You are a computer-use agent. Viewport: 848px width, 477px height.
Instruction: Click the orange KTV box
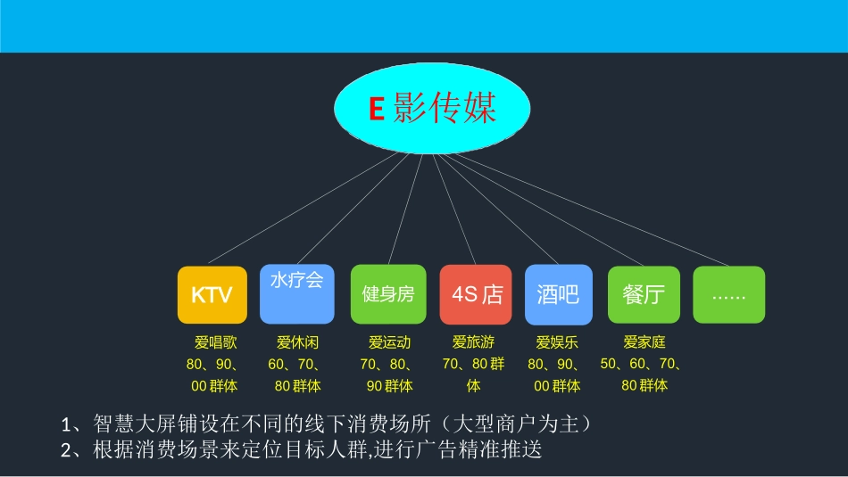212,294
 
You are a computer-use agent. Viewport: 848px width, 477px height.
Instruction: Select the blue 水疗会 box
296,294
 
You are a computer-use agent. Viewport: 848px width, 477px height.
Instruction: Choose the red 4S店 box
476,294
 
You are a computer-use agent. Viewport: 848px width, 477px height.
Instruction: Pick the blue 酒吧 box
558,294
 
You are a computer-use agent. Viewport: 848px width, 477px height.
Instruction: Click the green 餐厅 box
644,294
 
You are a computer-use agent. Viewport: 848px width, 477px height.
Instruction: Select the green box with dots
728,294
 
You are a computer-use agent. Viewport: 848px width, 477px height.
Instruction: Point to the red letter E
376,110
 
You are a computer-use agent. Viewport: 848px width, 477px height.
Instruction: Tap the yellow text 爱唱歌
215,341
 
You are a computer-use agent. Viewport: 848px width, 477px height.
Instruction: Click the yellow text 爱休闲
297,341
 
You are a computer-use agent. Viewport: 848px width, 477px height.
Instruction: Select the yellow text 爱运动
389,341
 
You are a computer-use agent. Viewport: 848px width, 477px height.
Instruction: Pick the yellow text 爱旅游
473,341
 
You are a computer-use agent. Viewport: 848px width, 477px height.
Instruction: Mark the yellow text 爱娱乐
557,341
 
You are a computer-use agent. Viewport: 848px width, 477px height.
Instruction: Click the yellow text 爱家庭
644,341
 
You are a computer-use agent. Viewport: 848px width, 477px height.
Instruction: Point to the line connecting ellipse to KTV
303,209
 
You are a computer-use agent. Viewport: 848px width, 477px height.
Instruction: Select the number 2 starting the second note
66,450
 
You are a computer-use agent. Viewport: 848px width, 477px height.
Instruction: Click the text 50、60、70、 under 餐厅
642,364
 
